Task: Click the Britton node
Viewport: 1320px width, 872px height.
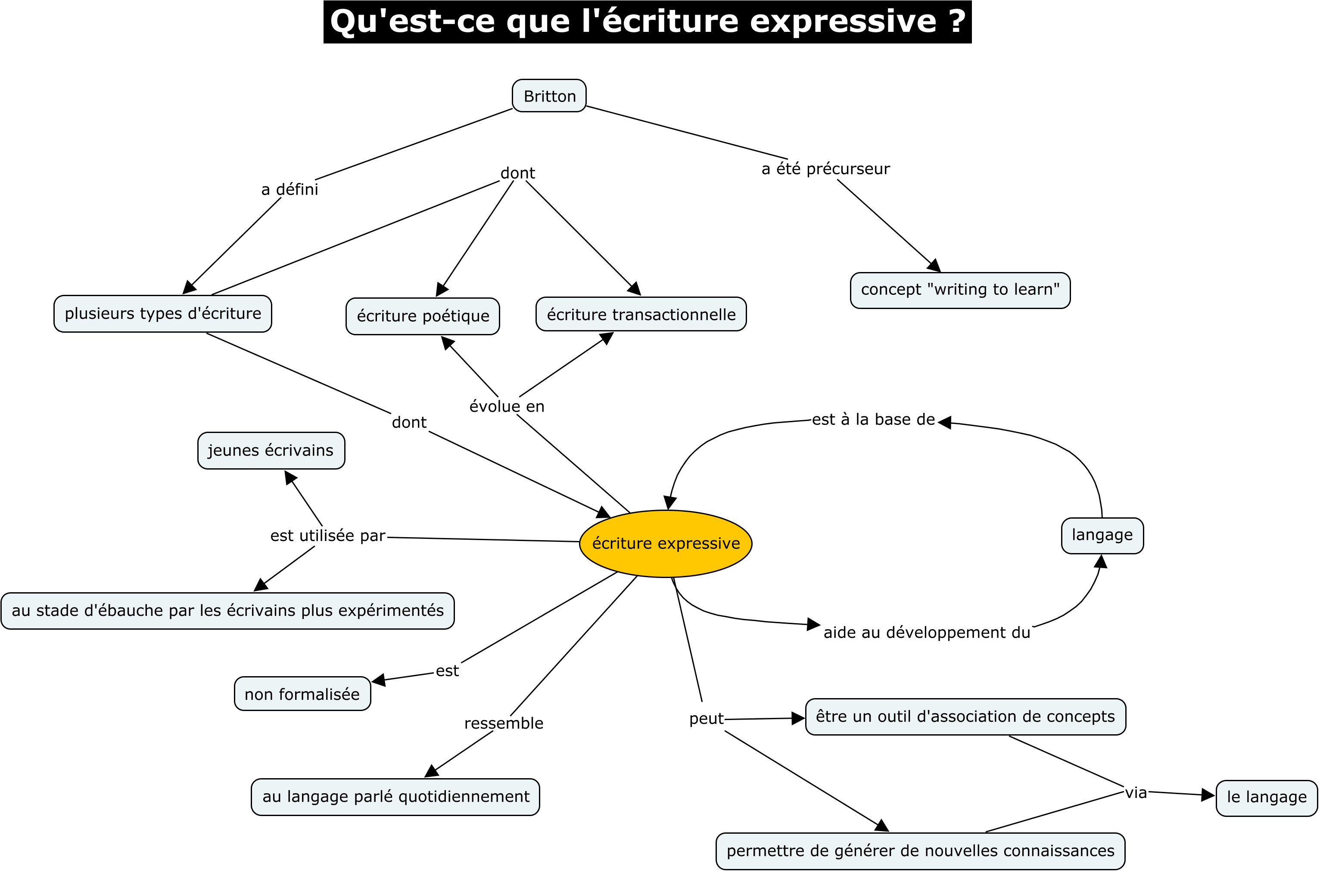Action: tap(549, 96)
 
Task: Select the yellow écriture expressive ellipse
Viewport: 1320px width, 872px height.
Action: tap(666, 543)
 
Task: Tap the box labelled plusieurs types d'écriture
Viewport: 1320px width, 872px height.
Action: tap(162, 314)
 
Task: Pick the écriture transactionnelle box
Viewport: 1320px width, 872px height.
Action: tap(641, 314)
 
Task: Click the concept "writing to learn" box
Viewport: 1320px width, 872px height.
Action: tap(959, 290)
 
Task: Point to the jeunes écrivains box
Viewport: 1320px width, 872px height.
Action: tap(271, 451)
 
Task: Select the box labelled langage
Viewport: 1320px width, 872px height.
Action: tap(1102, 535)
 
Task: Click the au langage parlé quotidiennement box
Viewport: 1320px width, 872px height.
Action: tap(395, 796)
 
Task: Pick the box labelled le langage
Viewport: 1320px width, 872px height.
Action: tap(1266, 798)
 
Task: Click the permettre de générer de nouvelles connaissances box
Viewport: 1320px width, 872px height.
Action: tap(920, 851)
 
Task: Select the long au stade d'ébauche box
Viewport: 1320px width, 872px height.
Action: tap(227, 611)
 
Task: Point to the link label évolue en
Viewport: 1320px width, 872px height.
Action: tap(506, 407)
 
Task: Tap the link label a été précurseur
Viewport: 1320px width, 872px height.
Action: tap(825, 169)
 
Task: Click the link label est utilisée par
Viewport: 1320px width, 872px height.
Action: tap(328, 535)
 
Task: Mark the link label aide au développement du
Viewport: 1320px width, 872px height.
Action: tap(927, 632)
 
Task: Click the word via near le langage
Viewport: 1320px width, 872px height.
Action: tap(1136, 792)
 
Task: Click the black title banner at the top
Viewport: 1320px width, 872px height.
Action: tap(647, 22)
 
